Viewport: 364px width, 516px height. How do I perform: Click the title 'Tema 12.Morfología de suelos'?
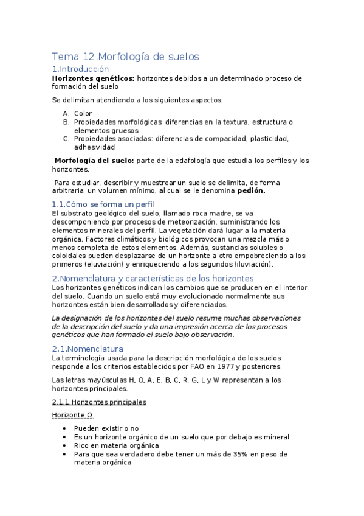click(125, 57)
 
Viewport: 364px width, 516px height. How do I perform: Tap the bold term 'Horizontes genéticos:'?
click(93, 78)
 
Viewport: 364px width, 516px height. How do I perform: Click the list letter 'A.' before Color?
click(66, 113)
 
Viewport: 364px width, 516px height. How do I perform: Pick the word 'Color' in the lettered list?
click(83, 113)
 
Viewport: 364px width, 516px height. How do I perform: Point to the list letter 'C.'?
click(66, 139)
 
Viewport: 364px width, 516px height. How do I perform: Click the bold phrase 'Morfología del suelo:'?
click(94, 161)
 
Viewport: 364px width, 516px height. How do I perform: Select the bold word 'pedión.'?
click(251, 190)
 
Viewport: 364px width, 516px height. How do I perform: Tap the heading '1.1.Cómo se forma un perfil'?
click(103, 204)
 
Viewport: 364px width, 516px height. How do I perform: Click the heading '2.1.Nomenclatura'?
click(88, 349)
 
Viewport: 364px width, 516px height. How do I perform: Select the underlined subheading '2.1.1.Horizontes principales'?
click(98, 402)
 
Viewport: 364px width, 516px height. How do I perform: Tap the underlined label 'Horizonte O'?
click(72, 415)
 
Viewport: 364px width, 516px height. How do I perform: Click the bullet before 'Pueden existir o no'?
click(65, 428)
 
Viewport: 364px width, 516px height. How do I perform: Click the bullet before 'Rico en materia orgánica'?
click(65, 445)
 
